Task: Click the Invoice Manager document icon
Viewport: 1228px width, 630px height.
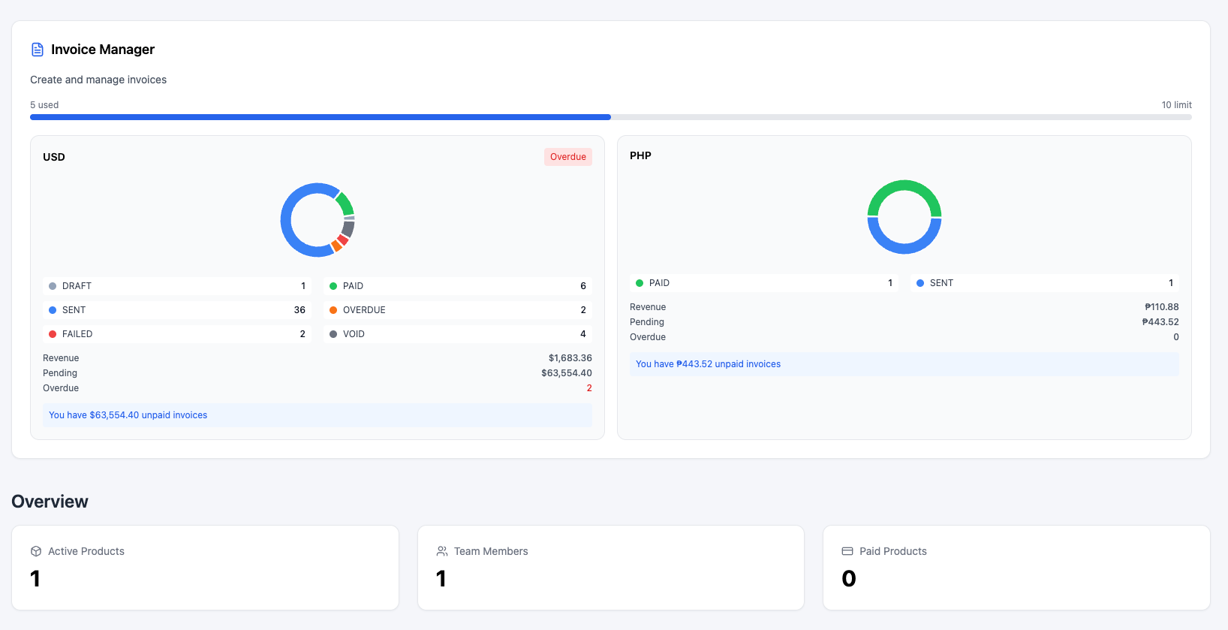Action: [37, 50]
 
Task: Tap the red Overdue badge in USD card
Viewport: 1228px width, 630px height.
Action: [567, 157]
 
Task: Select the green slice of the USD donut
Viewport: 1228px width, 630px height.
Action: [345, 203]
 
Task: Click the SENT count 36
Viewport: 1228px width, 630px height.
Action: [299, 310]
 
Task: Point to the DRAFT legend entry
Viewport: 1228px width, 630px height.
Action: [77, 286]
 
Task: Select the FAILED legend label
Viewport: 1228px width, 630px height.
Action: [77, 334]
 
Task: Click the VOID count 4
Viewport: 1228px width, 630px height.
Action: [582, 334]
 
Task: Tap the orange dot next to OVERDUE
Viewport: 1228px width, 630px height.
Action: [333, 310]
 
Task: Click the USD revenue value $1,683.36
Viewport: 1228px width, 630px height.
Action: [570, 358]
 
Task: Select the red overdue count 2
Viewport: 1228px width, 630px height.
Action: [588, 388]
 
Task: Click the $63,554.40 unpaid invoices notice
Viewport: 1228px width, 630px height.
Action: [128, 415]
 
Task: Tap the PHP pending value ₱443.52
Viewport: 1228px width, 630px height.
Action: [1160, 322]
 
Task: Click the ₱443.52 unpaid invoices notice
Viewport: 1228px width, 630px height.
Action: [708, 364]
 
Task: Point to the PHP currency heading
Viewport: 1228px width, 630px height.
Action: [640, 155]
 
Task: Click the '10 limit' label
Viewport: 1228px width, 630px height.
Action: [1176, 105]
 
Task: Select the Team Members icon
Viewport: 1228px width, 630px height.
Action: [442, 551]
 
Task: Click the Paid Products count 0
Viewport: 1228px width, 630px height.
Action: [849, 579]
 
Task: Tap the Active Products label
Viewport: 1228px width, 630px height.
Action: [86, 551]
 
